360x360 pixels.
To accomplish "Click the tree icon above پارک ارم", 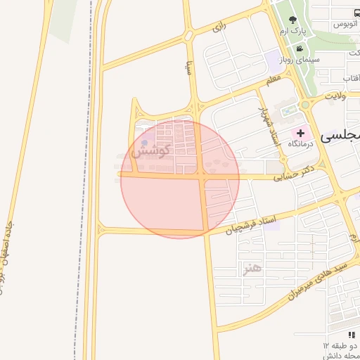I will pos(292,20).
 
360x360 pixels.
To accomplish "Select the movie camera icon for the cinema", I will pos(300,49).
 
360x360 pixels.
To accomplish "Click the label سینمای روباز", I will pos(300,60).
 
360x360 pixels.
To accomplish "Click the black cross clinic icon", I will pos(301,132).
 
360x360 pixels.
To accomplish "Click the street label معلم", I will pos(273,80).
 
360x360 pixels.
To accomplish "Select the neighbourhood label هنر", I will pos(251,269).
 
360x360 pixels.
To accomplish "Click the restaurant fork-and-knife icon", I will pos(352,335).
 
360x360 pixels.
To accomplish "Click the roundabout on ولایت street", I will pos(307,105).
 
